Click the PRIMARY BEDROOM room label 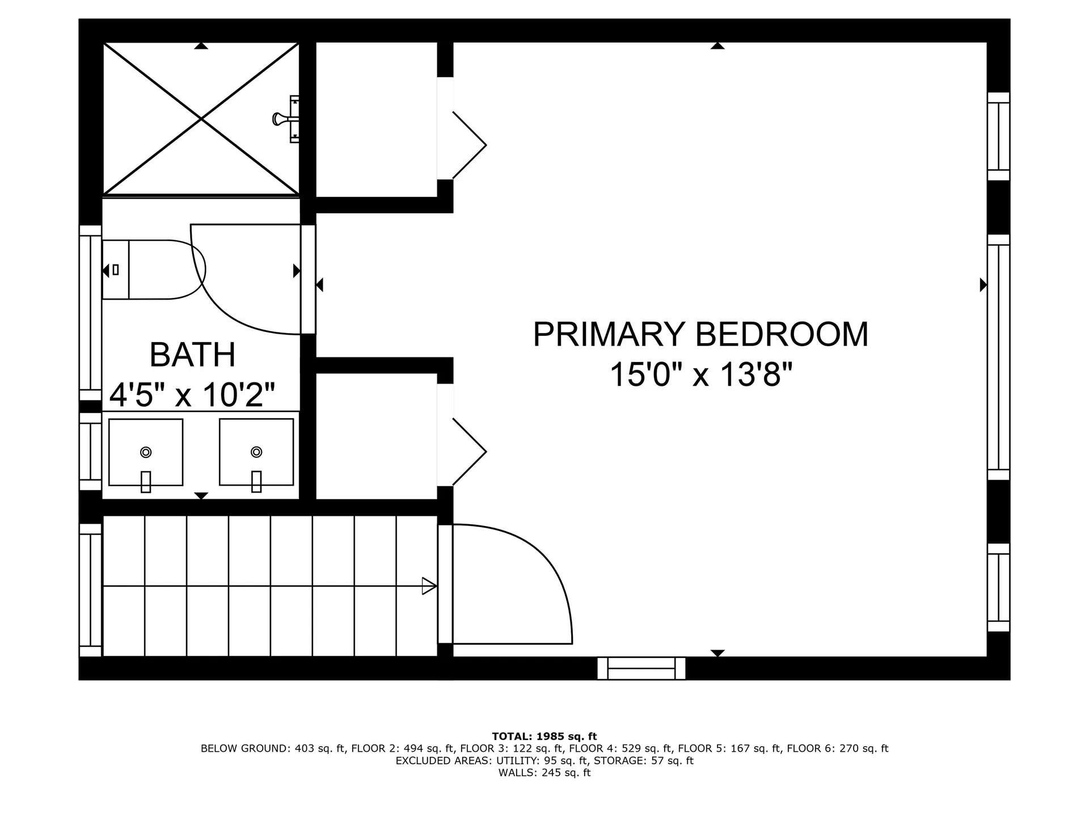(700, 334)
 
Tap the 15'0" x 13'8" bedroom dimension (700, 375)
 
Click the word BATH (192, 355)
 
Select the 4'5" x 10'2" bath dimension (192, 394)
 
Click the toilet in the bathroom (153, 269)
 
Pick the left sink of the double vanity (146, 452)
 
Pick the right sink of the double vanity (256, 452)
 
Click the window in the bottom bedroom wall (641, 668)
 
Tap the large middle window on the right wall (998, 357)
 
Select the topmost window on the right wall (998, 136)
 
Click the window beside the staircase (90, 590)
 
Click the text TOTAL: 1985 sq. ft (544, 736)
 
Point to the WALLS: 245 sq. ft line (544, 773)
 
